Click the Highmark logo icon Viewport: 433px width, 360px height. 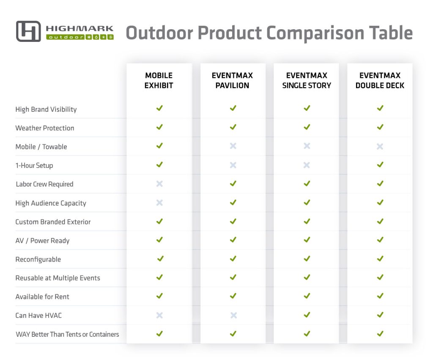[x=28, y=31]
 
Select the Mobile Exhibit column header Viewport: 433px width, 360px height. [x=159, y=80]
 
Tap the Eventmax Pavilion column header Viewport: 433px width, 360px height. [x=233, y=80]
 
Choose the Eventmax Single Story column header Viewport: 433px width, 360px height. [x=307, y=80]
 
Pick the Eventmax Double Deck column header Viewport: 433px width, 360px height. [x=380, y=80]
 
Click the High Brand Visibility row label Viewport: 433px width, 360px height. [x=46, y=109]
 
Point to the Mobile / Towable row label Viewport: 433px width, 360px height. [x=41, y=147]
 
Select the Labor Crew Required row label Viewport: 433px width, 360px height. [x=44, y=184]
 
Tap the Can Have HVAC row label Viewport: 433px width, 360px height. [x=38, y=315]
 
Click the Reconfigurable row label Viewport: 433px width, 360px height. [x=38, y=259]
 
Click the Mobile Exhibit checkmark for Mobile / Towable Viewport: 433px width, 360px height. [x=159, y=146]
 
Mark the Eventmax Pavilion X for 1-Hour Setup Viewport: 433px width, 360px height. [x=233, y=165]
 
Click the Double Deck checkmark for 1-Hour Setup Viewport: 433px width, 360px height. [x=380, y=165]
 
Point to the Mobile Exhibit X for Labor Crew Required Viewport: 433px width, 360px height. [x=159, y=184]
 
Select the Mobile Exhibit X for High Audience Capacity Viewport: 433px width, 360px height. [x=159, y=203]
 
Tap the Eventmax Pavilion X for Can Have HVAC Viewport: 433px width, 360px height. [x=233, y=315]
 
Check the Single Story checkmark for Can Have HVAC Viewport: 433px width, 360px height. [x=307, y=315]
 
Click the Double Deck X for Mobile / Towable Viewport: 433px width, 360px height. [x=380, y=146]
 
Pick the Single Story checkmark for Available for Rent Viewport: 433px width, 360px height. [x=307, y=296]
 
